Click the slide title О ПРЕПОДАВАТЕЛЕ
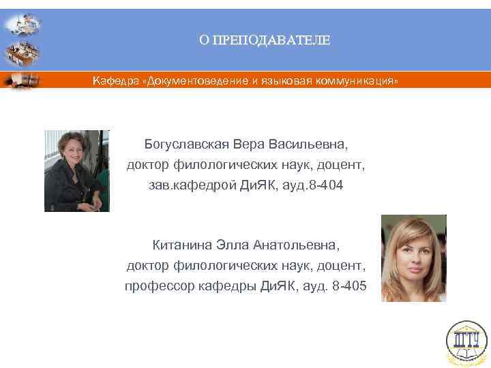click(264, 40)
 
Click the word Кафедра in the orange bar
click(112, 81)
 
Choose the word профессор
click(154, 287)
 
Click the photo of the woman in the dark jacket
click(77, 171)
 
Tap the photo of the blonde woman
click(413, 258)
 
